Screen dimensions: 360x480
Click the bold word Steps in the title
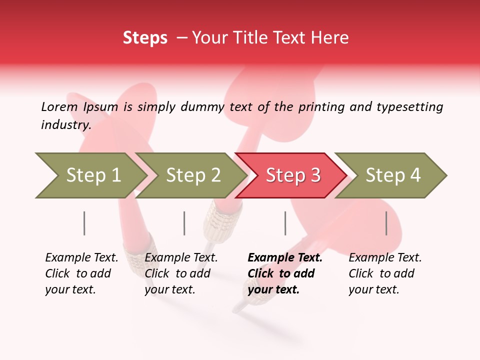coord(145,38)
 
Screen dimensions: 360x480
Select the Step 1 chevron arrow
coord(90,175)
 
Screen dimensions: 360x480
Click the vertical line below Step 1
coord(84,223)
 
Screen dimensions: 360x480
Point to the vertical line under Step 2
coord(184,223)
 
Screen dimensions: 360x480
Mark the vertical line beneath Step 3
coord(285,223)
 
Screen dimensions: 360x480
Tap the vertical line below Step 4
coord(386,223)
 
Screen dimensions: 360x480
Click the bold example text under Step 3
coord(284,273)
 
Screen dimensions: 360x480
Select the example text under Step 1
coord(81,273)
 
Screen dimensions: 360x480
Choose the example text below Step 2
coord(181,273)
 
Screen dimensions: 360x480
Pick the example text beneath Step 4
coord(385,273)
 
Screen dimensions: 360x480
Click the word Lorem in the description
coord(59,106)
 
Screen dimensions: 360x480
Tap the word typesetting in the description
coord(409,106)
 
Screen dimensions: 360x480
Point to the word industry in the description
coord(66,125)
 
